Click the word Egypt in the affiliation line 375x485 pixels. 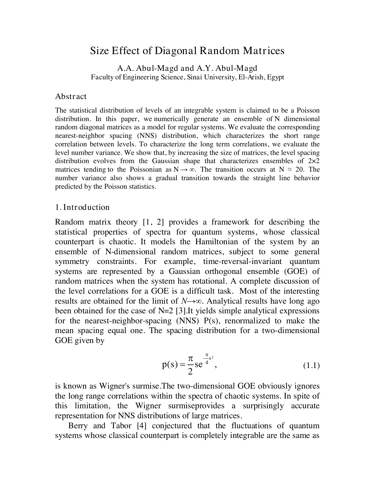pyautogui.click(x=275, y=77)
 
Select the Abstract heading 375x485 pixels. pyautogui.click(x=71, y=96)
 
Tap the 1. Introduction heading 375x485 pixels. pyautogui.click(x=82, y=207)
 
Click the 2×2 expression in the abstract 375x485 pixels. pyautogui.click(x=314, y=161)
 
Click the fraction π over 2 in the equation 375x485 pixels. pyautogui.click(x=190, y=365)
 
